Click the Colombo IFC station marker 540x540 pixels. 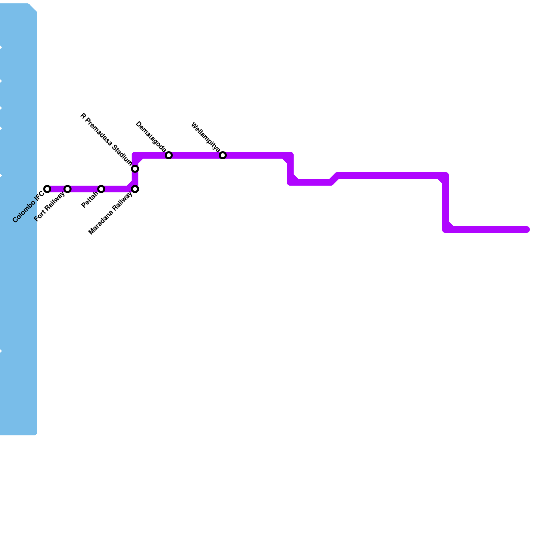tap(47, 189)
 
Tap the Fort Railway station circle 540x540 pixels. tap(67, 189)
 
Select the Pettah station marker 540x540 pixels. tap(101, 189)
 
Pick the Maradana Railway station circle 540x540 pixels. tap(135, 189)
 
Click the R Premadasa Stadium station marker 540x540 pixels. tap(135, 168)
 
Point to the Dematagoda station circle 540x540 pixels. tap(169, 155)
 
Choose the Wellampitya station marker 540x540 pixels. tap(223, 155)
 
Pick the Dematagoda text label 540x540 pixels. tap(151, 137)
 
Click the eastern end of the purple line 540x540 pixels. tap(527, 230)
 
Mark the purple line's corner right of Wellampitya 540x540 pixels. tap(290, 156)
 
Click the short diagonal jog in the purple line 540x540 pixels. tap(334, 179)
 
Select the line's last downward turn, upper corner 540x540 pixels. tap(446, 175)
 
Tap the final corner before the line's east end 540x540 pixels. tap(446, 230)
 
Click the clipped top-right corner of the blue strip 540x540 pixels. tap(33, 7)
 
